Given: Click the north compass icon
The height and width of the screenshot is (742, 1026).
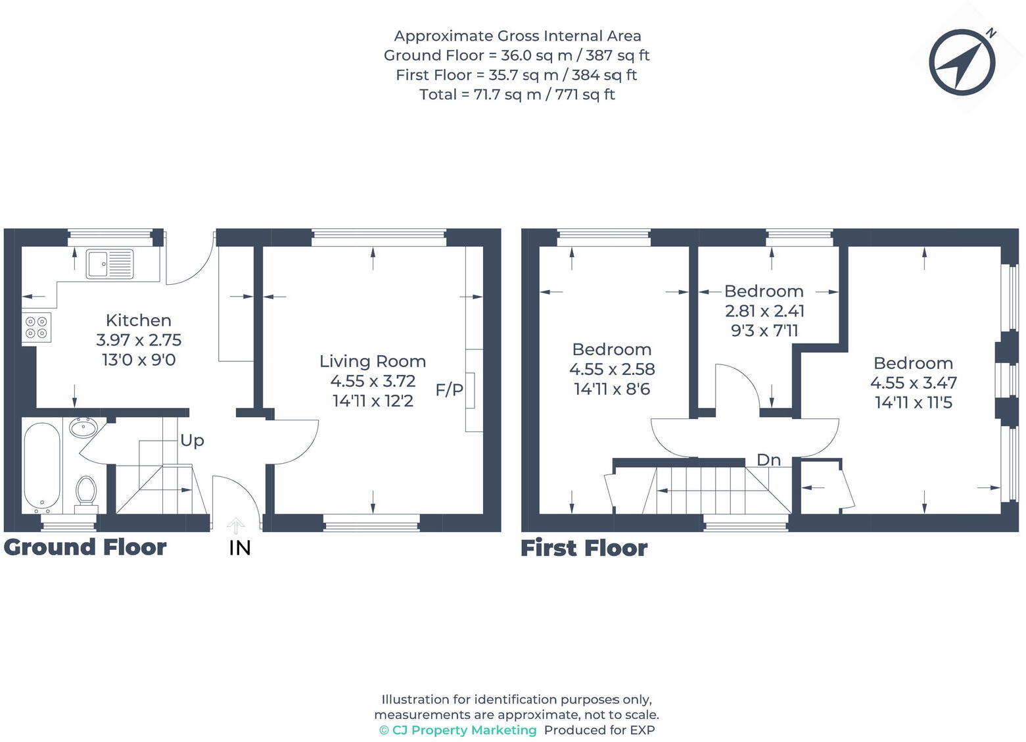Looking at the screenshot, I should (x=962, y=62).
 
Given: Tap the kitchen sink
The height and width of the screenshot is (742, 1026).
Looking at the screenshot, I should (x=110, y=264).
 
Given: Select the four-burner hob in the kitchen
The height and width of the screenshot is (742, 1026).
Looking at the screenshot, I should (x=37, y=328).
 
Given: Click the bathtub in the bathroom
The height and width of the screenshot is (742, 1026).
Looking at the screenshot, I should (x=42, y=466).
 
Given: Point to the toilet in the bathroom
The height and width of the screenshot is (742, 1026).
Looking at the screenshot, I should (x=85, y=493).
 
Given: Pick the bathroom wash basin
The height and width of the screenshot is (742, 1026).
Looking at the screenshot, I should (x=83, y=428).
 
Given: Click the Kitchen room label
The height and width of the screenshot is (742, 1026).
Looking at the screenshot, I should (x=138, y=320).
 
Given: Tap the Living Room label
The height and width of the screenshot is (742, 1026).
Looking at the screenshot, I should (x=372, y=361).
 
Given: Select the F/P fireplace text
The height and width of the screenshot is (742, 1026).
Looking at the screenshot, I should (x=449, y=390).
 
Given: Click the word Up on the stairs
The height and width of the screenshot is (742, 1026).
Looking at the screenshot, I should (x=192, y=440).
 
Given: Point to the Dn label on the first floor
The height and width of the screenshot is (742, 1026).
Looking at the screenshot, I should (x=768, y=460).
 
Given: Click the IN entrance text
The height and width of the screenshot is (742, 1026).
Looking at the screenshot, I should (x=240, y=548).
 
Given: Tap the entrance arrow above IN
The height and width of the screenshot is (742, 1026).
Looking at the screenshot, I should (x=236, y=525).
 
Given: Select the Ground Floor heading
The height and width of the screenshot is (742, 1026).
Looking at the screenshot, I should (x=85, y=547).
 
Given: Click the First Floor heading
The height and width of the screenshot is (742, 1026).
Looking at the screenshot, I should (x=584, y=548).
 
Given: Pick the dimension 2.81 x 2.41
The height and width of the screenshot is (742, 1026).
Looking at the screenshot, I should (x=764, y=310).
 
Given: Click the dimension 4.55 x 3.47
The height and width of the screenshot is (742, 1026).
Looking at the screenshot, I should (x=913, y=383).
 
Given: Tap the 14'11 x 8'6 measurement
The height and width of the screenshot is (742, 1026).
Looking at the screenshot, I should (x=611, y=389).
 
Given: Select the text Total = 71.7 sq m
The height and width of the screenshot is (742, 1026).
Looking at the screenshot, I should (x=480, y=95).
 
